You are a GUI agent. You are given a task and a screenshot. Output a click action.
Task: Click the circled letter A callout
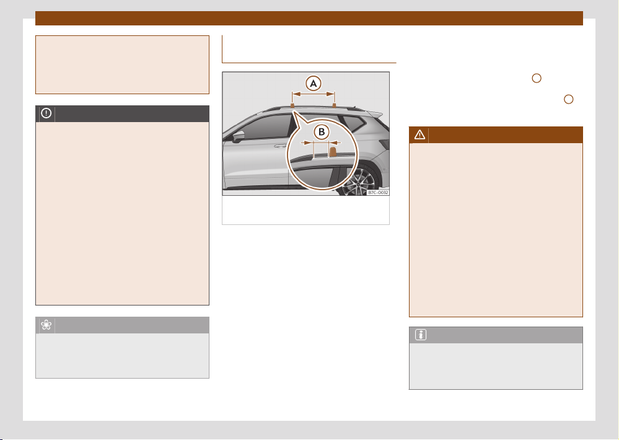[314, 83]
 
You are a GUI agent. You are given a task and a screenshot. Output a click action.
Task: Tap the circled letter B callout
[322, 132]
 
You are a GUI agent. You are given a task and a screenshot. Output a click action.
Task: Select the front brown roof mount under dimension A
[292, 105]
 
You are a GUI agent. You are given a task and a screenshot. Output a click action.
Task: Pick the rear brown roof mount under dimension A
[335, 105]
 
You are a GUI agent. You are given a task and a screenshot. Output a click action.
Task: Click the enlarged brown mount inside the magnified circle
[333, 152]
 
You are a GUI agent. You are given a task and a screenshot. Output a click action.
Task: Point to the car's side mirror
[239, 136]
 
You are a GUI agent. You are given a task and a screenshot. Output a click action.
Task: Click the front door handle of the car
[280, 146]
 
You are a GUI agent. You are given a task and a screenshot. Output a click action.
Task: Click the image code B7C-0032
[378, 192]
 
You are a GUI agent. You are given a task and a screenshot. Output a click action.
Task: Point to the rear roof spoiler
[375, 114]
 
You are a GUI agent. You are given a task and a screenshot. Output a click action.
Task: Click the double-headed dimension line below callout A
[314, 94]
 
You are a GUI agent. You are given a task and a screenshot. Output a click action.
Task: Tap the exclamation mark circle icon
[46, 113]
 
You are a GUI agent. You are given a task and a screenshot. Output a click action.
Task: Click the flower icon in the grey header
[46, 325]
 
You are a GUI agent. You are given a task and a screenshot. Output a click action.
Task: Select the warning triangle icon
[419, 134]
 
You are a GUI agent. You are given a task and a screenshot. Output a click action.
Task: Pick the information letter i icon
[421, 335]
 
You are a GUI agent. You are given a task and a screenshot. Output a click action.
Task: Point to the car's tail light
[385, 144]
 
